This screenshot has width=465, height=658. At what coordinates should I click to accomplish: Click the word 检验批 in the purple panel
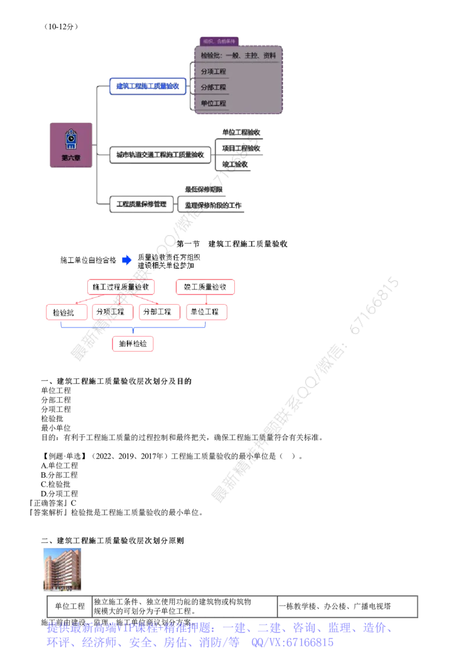click(x=211, y=56)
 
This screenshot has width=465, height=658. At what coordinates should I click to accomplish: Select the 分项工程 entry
click(x=213, y=72)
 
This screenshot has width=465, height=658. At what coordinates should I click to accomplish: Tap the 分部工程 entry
click(x=213, y=88)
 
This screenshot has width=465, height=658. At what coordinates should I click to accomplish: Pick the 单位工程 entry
click(x=213, y=103)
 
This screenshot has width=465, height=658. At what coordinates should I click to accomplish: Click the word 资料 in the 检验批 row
click(x=269, y=56)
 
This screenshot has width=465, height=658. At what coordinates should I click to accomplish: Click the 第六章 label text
click(x=71, y=158)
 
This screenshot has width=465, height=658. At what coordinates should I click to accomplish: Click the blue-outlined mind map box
click(x=148, y=87)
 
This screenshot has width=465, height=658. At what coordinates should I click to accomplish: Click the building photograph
click(x=62, y=567)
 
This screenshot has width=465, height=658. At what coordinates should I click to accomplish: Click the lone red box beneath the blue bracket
click(x=134, y=344)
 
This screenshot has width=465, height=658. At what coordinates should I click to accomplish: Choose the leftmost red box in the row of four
click(x=65, y=312)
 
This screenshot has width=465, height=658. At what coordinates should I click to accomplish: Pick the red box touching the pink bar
click(x=206, y=312)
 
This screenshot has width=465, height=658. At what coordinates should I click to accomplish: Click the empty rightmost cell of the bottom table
click(x=346, y=607)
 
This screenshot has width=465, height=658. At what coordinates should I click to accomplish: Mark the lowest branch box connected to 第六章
click(x=141, y=204)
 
